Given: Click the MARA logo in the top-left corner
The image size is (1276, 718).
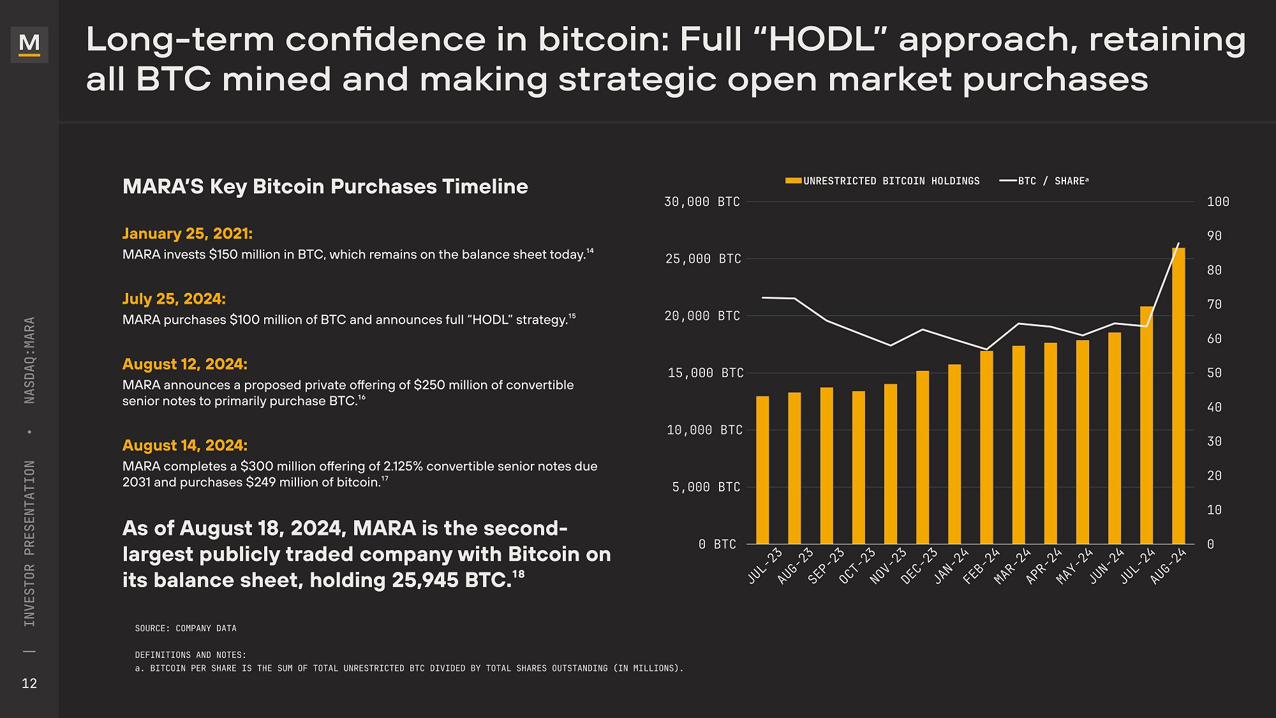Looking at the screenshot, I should point(29,44).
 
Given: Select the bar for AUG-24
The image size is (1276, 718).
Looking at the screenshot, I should point(1178,396).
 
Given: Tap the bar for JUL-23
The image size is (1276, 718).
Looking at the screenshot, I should point(762,470).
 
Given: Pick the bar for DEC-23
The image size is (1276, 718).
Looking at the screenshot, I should point(923,457).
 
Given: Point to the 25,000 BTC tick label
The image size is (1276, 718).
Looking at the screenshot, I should point(703,259).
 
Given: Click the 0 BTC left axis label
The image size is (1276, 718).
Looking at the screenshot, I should point(717,544).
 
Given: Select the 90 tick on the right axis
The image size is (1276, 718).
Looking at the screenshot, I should point(1214,236).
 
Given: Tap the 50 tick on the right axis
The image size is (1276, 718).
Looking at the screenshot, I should point(1214,373).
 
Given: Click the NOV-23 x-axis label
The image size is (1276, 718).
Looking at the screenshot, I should point(888,566).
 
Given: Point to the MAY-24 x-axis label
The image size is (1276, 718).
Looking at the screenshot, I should point(1074,566).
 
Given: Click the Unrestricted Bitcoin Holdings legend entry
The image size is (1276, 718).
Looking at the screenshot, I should point(882,181).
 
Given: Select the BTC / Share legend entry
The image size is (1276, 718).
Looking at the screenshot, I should point(1044,181).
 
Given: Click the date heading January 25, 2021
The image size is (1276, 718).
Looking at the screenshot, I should point(188,234).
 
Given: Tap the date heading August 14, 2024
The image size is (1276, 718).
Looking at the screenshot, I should point(185,445).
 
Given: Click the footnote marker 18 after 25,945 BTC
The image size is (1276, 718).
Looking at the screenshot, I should point(519,574).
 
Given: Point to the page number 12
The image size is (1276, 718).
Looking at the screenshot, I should point(29,684).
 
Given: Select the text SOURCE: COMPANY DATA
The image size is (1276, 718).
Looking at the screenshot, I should point(186,629).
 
